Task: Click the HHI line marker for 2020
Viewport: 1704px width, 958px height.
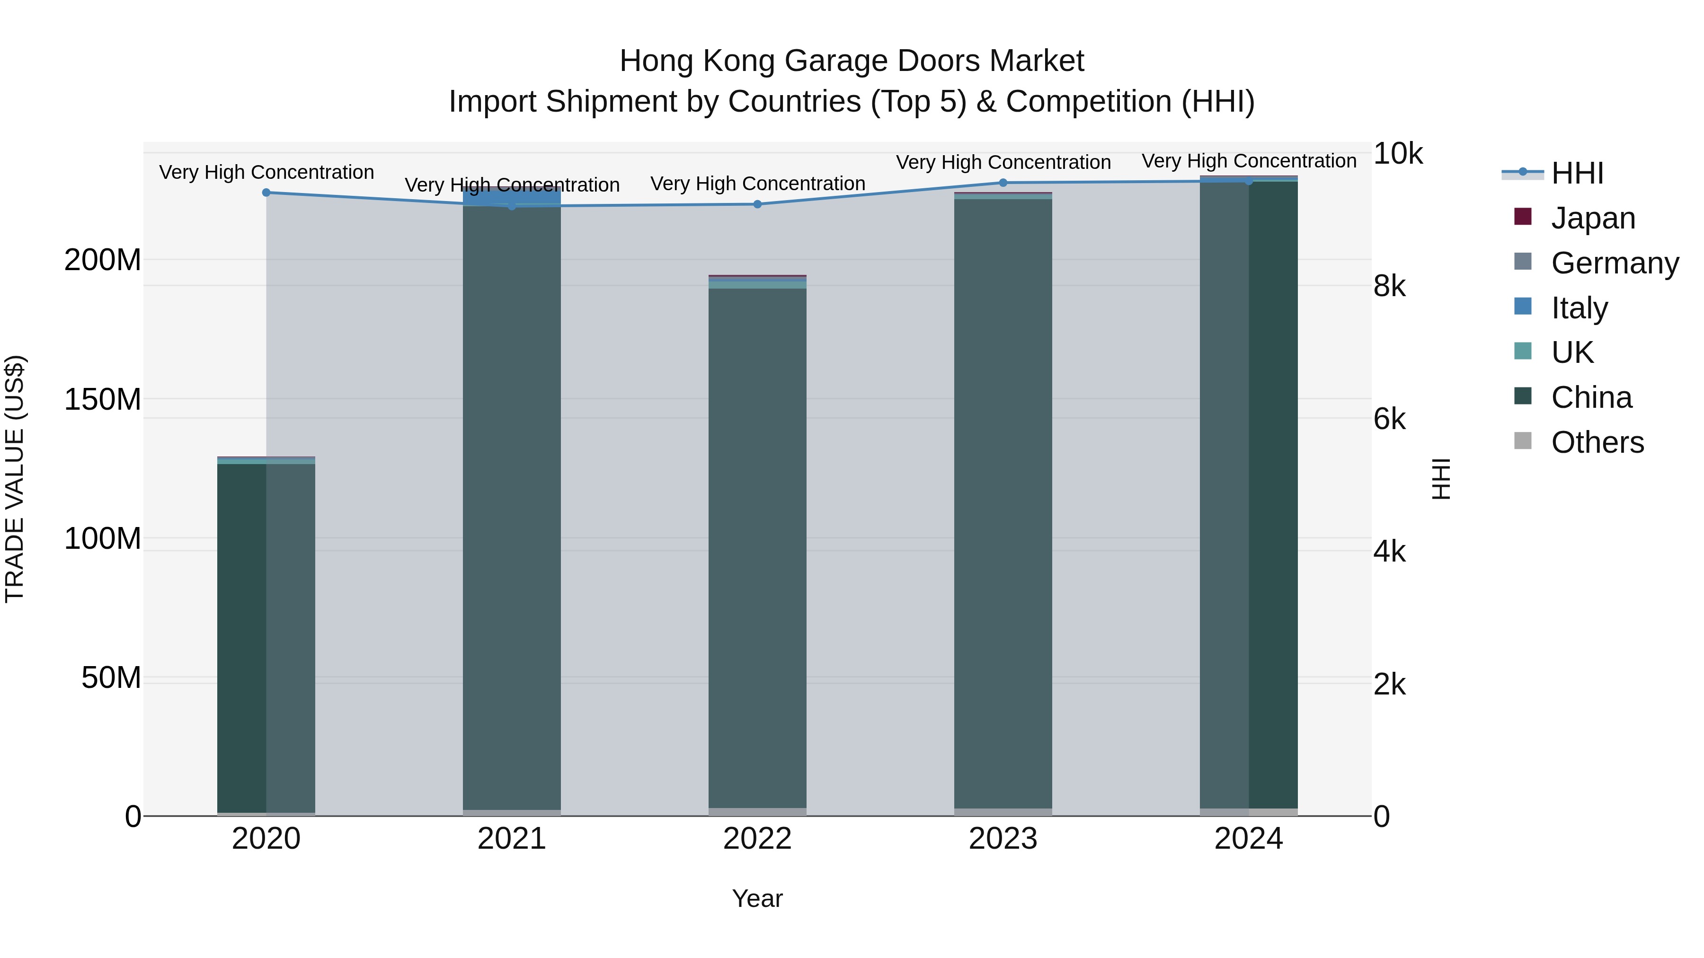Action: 266,193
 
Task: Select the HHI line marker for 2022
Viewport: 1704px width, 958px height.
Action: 757,204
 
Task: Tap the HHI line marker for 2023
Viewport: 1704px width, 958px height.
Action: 1003,183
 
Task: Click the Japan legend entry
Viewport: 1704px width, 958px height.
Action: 1592,218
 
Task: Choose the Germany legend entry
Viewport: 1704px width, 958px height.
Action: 1614,263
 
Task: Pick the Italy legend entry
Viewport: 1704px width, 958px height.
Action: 1579,308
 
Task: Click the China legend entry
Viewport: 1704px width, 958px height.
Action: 1591,397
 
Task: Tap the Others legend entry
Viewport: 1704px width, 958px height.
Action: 1597,442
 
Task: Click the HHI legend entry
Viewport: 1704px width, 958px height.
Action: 1577,173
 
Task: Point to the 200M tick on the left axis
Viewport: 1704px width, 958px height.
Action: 103,260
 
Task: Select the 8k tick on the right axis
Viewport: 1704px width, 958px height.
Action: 1390,286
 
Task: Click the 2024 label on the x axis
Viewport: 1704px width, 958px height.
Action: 1248,839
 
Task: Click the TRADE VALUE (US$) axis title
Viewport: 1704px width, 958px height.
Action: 15,479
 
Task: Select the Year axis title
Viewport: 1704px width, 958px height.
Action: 757,898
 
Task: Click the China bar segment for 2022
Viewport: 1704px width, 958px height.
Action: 757,549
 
